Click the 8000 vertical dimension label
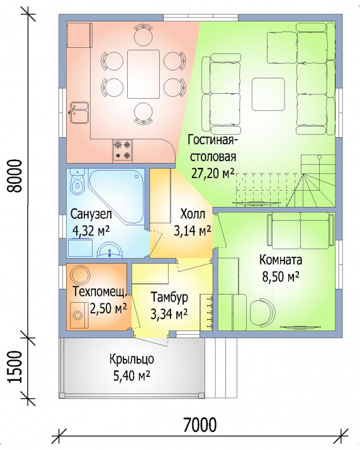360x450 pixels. [14, 176]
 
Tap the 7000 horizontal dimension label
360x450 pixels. [200, 425]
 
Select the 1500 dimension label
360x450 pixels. [15, 367]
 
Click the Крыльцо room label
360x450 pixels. [132, 359]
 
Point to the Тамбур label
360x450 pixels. [169, 297]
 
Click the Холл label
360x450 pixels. [193, 214]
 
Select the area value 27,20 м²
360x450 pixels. [213, 173]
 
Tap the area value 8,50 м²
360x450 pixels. [281, 277]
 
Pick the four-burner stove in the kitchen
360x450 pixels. [123, 150]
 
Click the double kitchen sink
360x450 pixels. [79, 112]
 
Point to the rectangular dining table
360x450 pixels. [143, 74]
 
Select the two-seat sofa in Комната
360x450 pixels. [301, 230]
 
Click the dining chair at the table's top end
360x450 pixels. [143, 35]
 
